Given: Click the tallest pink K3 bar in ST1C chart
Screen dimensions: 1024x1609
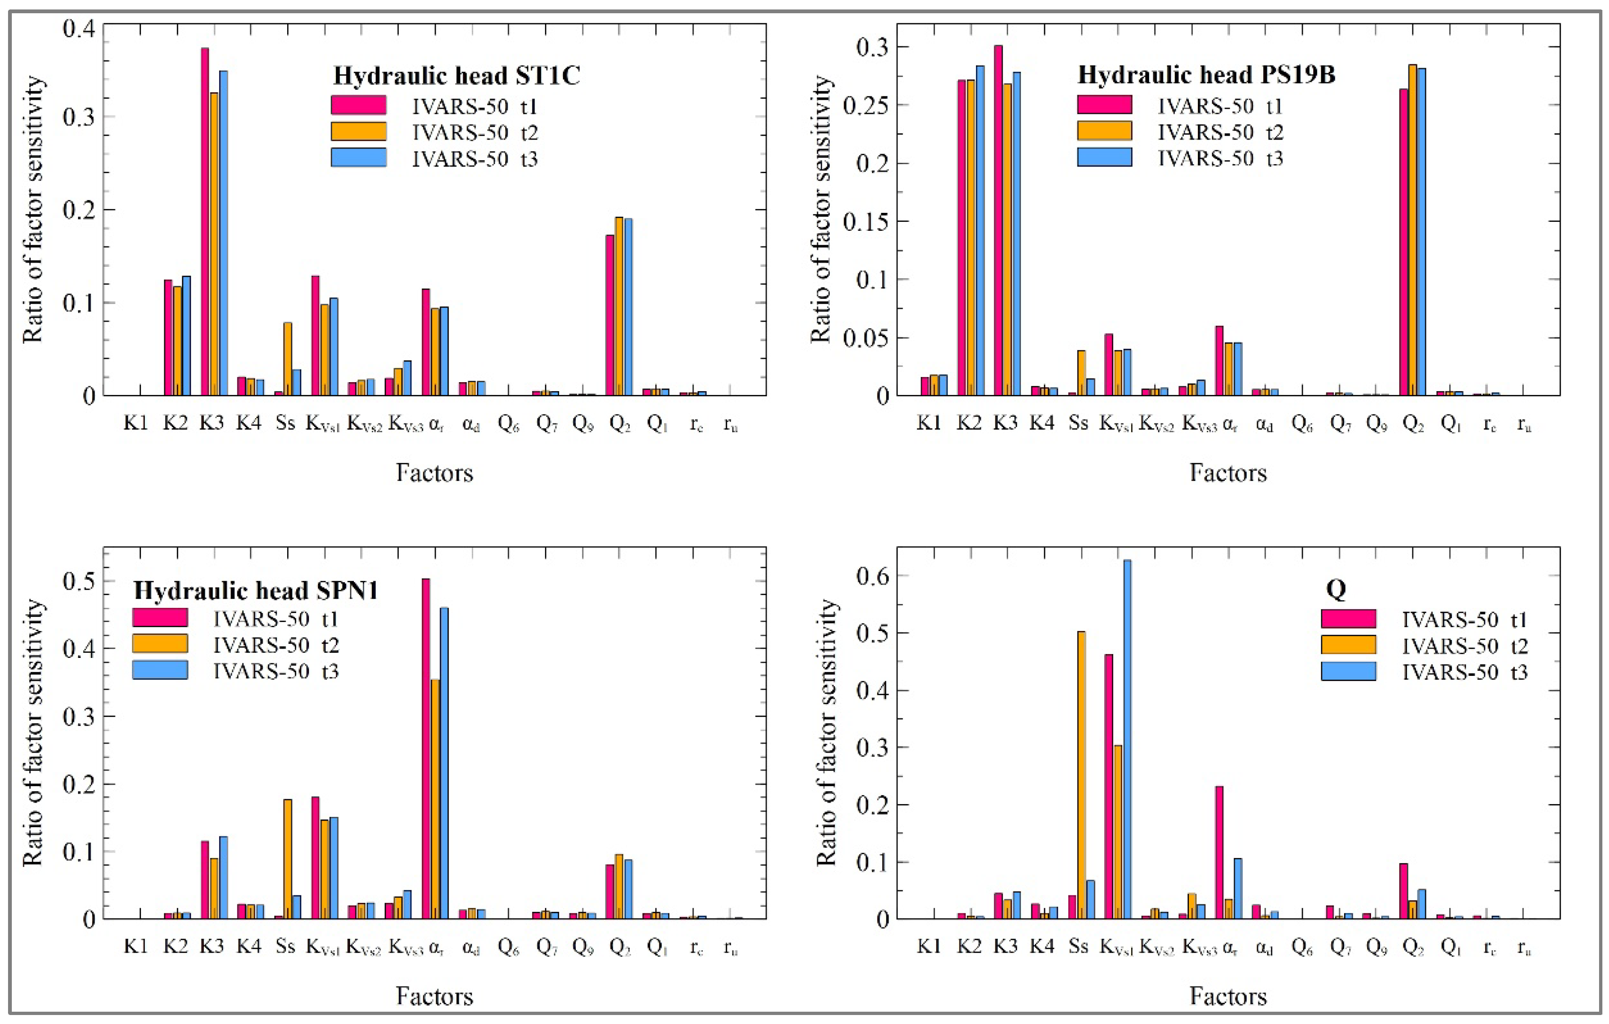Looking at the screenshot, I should point(204,220).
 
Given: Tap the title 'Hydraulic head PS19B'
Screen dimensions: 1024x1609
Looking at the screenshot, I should point(1206,75).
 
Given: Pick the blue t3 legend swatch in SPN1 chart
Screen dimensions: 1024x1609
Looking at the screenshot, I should point(160,670).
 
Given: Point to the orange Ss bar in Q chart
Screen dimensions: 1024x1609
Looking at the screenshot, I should point(1081,775).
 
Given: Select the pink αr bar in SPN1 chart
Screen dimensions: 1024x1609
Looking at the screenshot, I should point(426,748).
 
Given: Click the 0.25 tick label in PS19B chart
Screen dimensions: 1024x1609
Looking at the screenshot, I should point(865,105).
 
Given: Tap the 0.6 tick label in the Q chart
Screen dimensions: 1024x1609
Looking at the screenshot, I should point(873,576).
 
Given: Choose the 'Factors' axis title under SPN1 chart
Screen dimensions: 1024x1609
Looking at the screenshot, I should point(434,996).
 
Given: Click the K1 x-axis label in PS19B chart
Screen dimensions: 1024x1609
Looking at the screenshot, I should point(929,423).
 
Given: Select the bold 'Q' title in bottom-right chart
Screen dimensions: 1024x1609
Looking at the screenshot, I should point(1335,588).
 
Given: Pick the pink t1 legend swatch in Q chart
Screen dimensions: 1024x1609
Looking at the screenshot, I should point(1348,619).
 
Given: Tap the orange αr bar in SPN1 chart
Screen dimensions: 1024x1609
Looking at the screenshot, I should point(435,798).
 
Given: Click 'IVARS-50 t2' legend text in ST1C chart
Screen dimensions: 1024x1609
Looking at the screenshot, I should point(475,132).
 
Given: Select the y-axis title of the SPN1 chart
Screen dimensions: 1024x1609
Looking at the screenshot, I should point(34,733).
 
